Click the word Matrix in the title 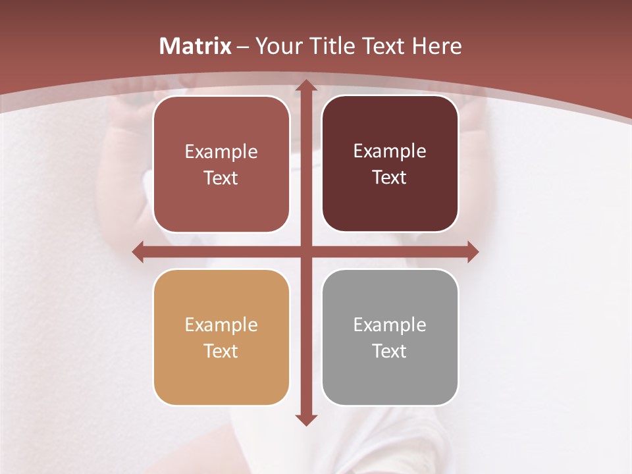196,46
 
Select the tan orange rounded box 221,375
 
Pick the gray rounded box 390,375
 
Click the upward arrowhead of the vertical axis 305,86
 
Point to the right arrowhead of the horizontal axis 472,251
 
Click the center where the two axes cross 305,251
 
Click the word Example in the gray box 390,325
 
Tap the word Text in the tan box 221,351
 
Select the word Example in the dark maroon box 390,151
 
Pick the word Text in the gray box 390,351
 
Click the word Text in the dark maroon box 390,177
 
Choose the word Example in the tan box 221,325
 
